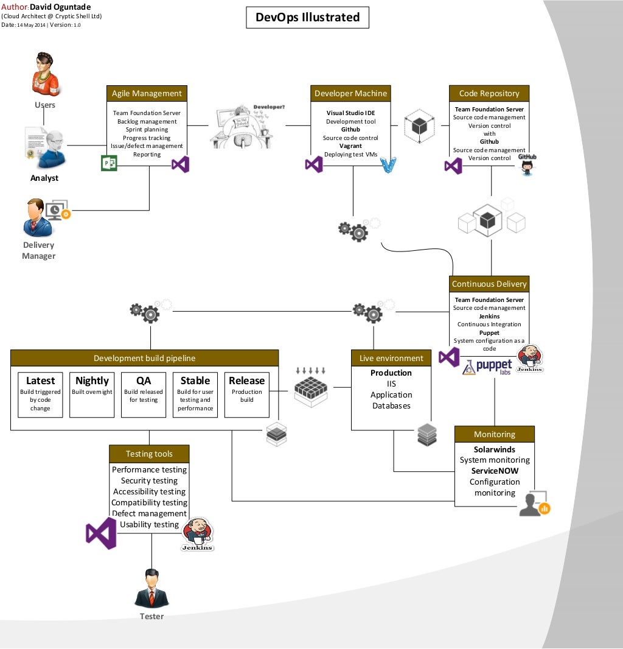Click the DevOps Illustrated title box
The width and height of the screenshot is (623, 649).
[x=307, y=18]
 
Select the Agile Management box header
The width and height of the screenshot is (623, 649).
[x=147, y=93]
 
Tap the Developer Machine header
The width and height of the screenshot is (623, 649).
[x=350, y=93]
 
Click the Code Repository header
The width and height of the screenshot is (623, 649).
[x=489, y=93]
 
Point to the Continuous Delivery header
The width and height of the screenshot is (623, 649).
[x=489, y=284]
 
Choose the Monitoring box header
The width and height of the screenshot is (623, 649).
[x=495, y=434]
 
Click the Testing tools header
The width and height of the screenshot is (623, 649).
[x=149, y=454]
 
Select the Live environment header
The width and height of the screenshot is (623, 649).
[x=391, y=358]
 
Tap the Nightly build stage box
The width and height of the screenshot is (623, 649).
[x=92, y=395]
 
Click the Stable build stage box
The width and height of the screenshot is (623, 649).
[x=195, y=395]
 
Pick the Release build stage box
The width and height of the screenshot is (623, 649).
[x=246, y=395]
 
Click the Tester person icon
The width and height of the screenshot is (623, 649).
[x=151, y=588]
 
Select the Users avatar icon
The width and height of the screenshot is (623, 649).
[x=45, y=75]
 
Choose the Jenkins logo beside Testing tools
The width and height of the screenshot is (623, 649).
[x=198, y=534]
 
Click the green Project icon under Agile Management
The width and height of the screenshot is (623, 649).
[x=109, y=163]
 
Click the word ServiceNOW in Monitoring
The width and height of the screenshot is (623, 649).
[x=495, y=471]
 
